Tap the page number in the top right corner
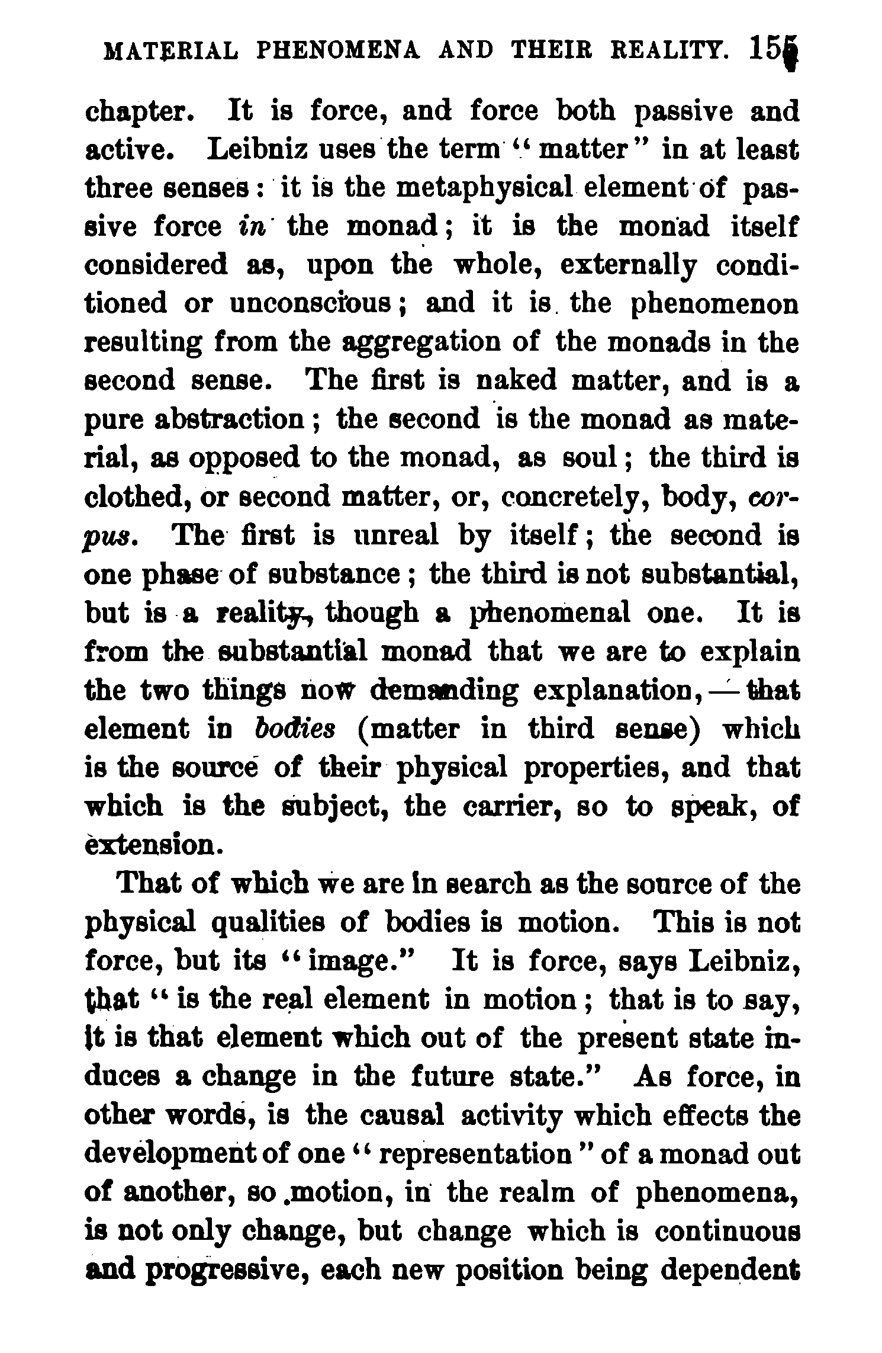tap(769, 50)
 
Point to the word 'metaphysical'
tap(484, 189)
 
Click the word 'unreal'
tap(397, 536)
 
